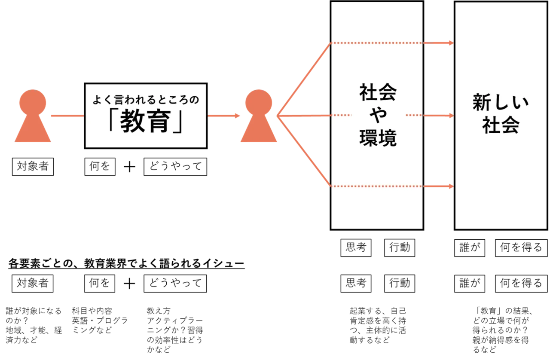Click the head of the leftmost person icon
point(33,102)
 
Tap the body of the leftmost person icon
point(33,131)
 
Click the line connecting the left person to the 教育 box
point(67,116)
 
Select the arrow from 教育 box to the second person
point(223,116)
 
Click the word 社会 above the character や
point(378,92)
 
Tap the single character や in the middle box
point(378,116)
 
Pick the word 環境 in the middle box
point(378,138)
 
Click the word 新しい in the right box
point(501,104)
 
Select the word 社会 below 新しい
point(501,126)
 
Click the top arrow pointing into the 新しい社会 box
point(438,43)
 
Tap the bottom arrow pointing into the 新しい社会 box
point(438,186)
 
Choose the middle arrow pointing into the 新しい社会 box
point(438,116)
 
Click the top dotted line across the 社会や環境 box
point(376,43)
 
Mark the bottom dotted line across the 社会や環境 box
point(376,186)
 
